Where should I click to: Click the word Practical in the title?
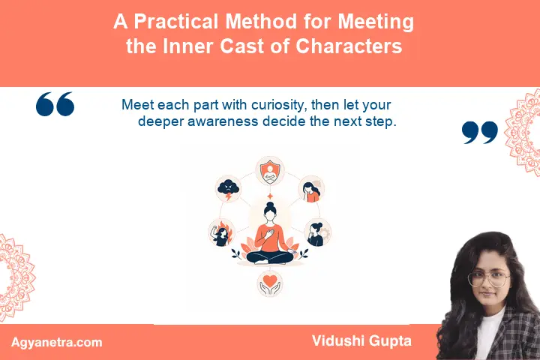[176, 21]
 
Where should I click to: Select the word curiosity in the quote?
[279, 105]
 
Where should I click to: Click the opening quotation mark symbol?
[55, 104]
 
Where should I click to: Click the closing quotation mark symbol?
[480, 132]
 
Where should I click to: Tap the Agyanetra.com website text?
[57, 343]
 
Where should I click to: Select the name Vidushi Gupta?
[361, 341]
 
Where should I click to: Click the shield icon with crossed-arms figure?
[270, 171]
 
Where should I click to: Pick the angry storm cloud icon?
[228, 189]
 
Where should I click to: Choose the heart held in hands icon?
[270, 283]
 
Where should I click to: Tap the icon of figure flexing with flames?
[221, 232]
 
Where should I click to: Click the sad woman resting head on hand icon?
[311, 189]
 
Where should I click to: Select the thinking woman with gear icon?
[317, 232]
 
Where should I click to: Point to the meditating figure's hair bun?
[270, 205]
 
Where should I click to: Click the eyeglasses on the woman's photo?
[489, 278]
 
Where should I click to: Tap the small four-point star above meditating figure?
[270, 196]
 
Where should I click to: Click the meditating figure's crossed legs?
[270, 257]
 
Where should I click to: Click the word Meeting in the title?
[376, 22]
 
